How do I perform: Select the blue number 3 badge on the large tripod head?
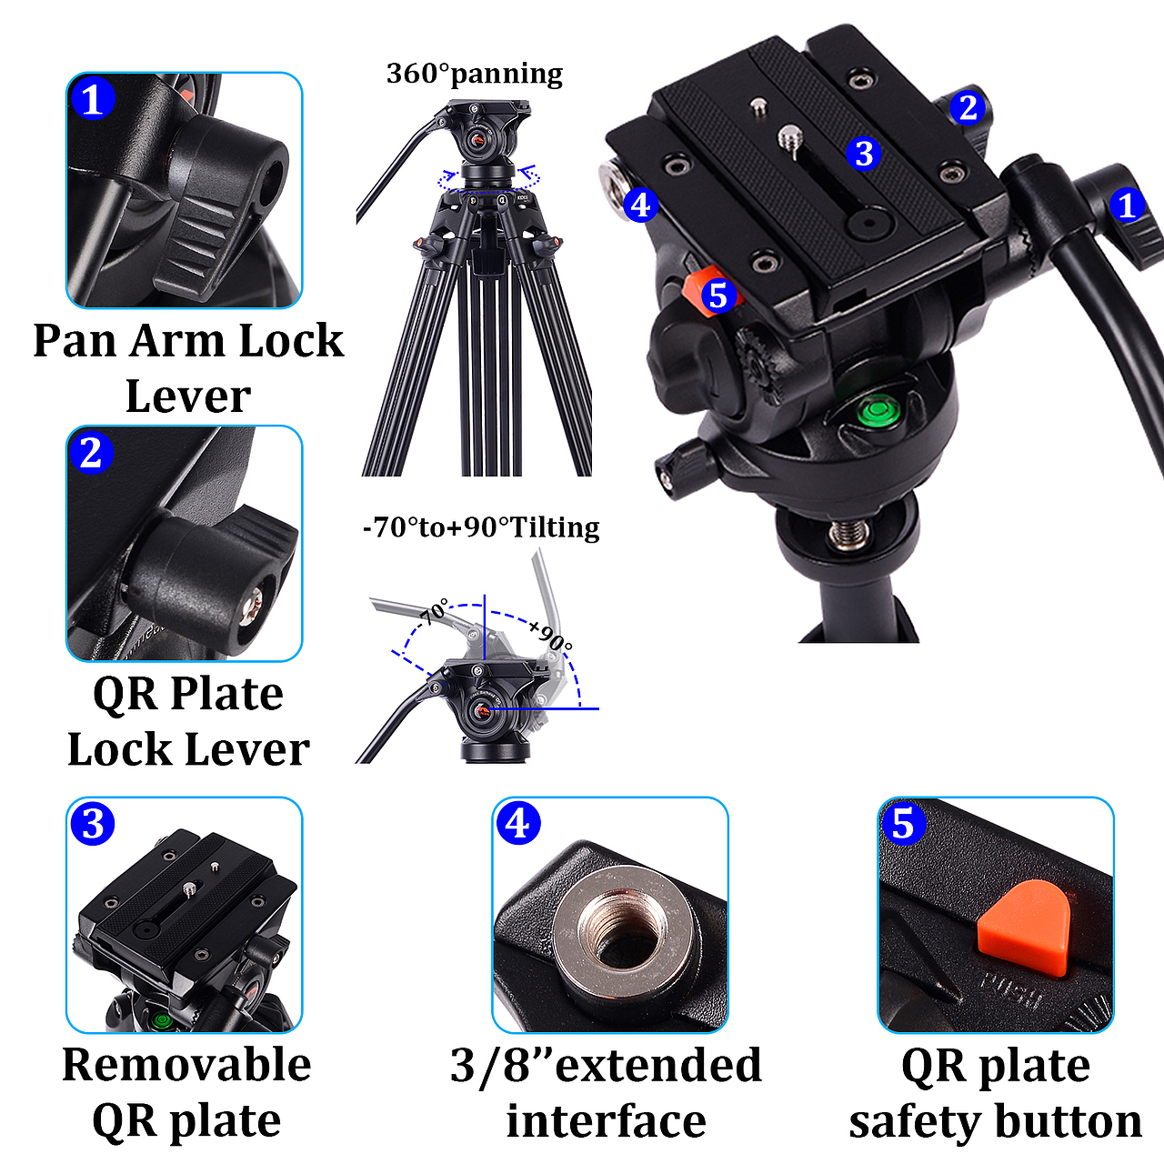coord(863,154)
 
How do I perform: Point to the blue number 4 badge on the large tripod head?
coord(640,206)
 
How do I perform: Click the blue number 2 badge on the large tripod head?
coord(968,107)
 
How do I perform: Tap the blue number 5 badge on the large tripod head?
coord(718,296)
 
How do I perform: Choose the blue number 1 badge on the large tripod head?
coord(1127,206)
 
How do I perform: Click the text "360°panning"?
coord(475,74)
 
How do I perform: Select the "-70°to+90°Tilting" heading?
coord(481,527)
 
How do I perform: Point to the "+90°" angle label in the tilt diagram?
coord(549,635)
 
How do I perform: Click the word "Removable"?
coord(186,1064)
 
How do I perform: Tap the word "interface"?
coord(606,1121)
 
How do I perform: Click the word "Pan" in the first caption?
coord(75,340)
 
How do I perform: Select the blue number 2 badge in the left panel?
coord(92,453)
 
